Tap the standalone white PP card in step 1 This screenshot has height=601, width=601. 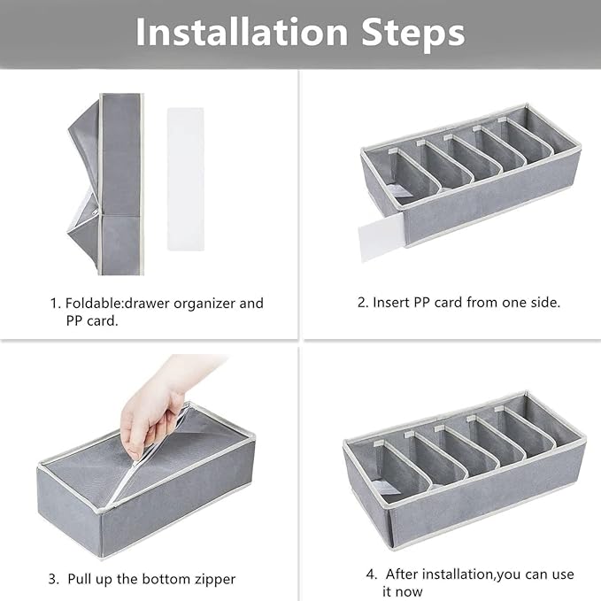[186, 179]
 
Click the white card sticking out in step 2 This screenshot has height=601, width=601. [380, 239]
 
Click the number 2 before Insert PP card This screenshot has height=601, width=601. [362, 303]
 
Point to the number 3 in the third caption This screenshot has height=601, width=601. [53, 579]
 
